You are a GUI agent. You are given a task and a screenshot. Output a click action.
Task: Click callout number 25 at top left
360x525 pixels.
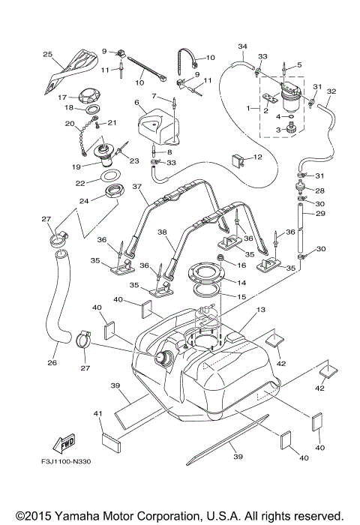48,55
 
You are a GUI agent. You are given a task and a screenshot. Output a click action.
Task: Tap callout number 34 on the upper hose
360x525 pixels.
242,46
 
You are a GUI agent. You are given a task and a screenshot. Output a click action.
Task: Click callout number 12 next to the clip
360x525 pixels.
256,157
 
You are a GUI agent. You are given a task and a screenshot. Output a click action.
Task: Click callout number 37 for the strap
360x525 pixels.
136,187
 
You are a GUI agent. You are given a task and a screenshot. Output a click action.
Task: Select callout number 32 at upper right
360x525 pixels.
331,91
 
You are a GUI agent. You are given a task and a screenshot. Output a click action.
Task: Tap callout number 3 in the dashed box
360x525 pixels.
277,130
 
